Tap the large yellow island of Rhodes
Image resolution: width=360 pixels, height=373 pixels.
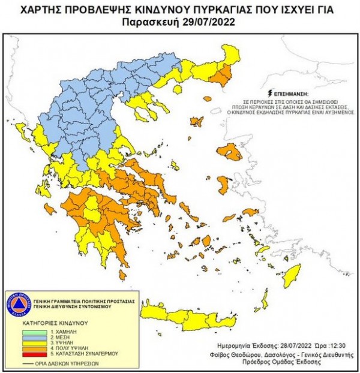tap(292, 276)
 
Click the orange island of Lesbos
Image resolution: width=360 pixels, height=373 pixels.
tap(230, 152)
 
